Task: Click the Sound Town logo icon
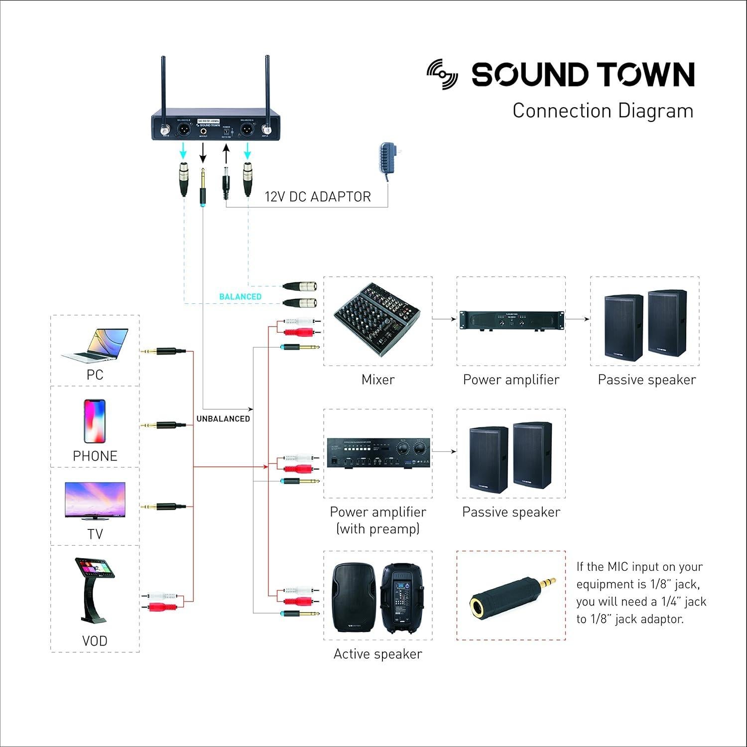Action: click(x=442, y=74)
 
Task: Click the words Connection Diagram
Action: click(x=603, y=111)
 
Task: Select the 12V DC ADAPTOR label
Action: click(x=318, y=197)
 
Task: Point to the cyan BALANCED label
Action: click(x=240, y=296)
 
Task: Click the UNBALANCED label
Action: click(x=223, y=419)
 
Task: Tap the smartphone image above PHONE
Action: click(x=95, y=421)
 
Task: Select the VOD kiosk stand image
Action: click(x=95, y=591)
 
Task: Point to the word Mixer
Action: click(x=378, y=379)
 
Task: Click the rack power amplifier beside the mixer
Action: click(x=511, y=320)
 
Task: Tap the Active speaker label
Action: click(x=377, y=654)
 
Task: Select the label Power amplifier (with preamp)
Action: click(x=378, y=520)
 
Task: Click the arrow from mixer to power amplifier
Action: click(x=445, y=319)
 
